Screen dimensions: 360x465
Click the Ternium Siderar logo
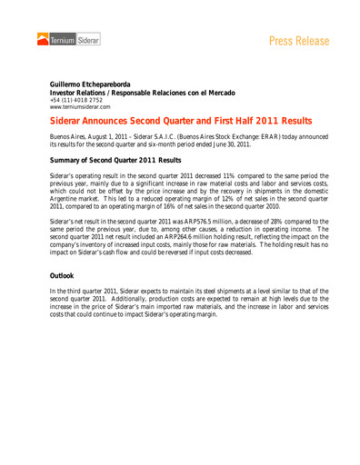(x=68, y=39)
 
